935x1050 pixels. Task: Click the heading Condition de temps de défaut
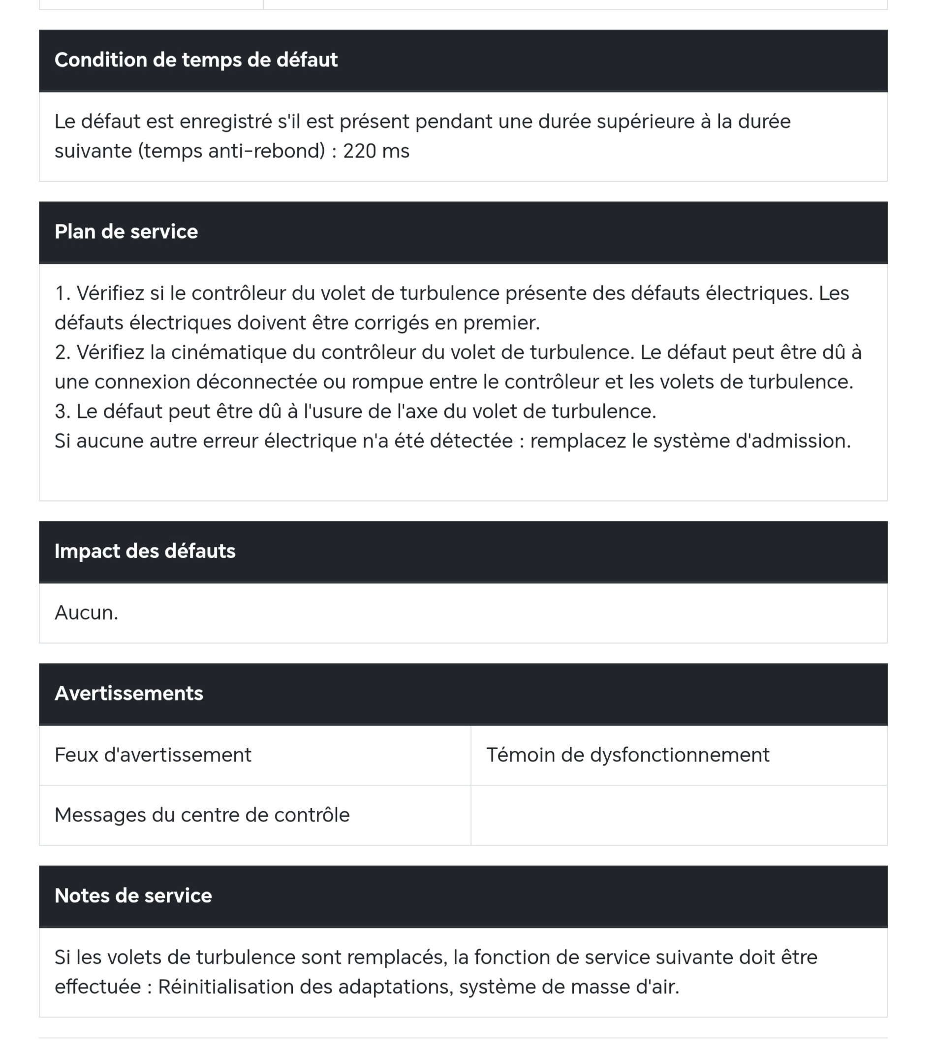196,60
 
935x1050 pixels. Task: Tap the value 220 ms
376,151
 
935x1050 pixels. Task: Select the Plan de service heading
126,232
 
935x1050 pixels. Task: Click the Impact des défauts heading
145,551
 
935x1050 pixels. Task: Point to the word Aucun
86,613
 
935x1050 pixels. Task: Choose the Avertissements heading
129,693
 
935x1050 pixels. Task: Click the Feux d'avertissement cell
153,755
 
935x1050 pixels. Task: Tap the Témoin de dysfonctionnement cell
628,755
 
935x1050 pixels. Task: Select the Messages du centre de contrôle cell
202,815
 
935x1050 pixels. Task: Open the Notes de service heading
133,896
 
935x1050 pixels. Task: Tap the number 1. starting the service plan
62,293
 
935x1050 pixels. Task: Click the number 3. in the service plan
62,412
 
